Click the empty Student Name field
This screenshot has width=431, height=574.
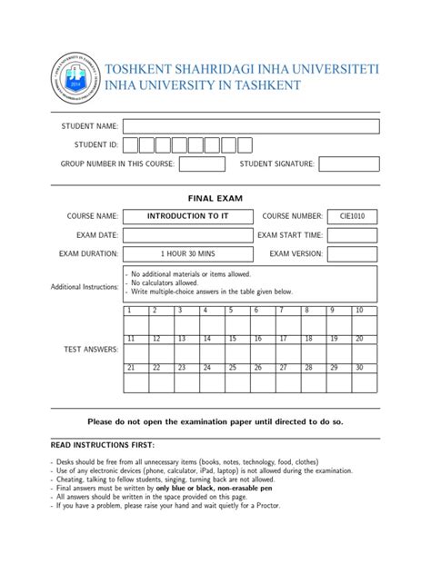250,125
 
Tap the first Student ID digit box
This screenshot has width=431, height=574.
131,144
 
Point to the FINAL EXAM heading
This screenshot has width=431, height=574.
215,197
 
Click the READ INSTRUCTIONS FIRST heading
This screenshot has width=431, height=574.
102,446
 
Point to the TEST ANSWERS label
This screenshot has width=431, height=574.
89,350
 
